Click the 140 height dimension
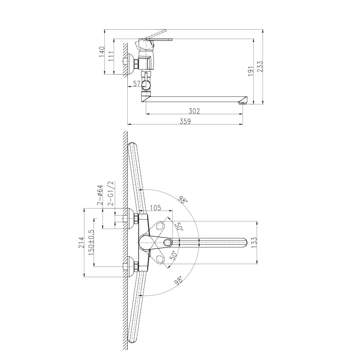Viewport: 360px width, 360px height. [102, 52]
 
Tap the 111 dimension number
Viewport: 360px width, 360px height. [111, 56]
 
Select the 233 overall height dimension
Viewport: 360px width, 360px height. [260, 67]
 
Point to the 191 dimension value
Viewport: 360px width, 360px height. [251, 71]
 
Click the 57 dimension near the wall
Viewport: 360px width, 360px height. [137, 84]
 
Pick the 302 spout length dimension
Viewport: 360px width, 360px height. [194, 111]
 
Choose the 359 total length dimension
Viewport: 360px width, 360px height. [185, 121]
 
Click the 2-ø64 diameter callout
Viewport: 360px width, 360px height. [100, 195]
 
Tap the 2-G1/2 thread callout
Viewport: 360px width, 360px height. [111, 193]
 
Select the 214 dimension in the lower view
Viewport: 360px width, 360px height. [81, 243]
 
